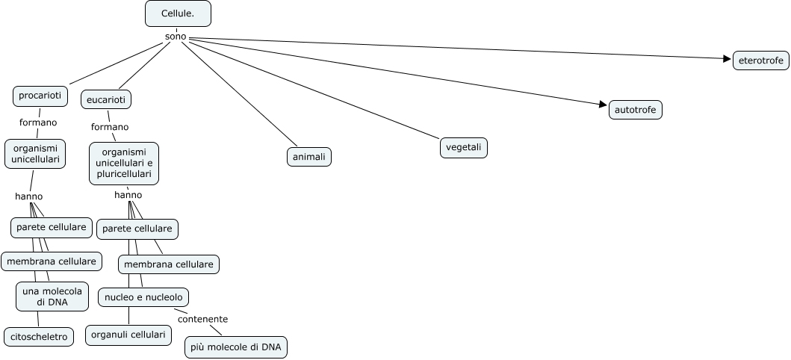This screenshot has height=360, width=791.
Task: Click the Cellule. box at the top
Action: (177, 13)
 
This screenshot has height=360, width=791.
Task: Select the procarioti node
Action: (40, 96)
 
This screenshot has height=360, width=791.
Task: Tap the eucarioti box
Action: (108, 99)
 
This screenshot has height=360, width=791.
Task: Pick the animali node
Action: (308, 157)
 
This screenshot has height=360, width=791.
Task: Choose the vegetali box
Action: (463, 147)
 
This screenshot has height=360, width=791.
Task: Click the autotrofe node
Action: (635, 110)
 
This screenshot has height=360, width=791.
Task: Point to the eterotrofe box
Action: (760, 60)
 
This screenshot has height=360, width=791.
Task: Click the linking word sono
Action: (176, 37)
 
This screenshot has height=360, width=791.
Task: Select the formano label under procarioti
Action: (38, 122)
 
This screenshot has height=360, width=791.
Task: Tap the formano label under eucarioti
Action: (110, 126)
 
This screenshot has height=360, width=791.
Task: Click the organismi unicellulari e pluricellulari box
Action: (124, 163)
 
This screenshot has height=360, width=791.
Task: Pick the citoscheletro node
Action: (39, 337)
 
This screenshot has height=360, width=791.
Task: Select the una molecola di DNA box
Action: (52, 296)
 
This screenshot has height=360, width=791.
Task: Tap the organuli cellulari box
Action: (127, 335)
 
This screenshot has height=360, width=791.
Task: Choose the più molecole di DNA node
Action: (236, 347)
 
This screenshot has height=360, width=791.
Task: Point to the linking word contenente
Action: (202, 319)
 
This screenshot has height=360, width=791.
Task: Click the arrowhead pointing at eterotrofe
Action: (728, 58)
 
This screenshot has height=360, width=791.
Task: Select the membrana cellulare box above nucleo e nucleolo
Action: (169, 264)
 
